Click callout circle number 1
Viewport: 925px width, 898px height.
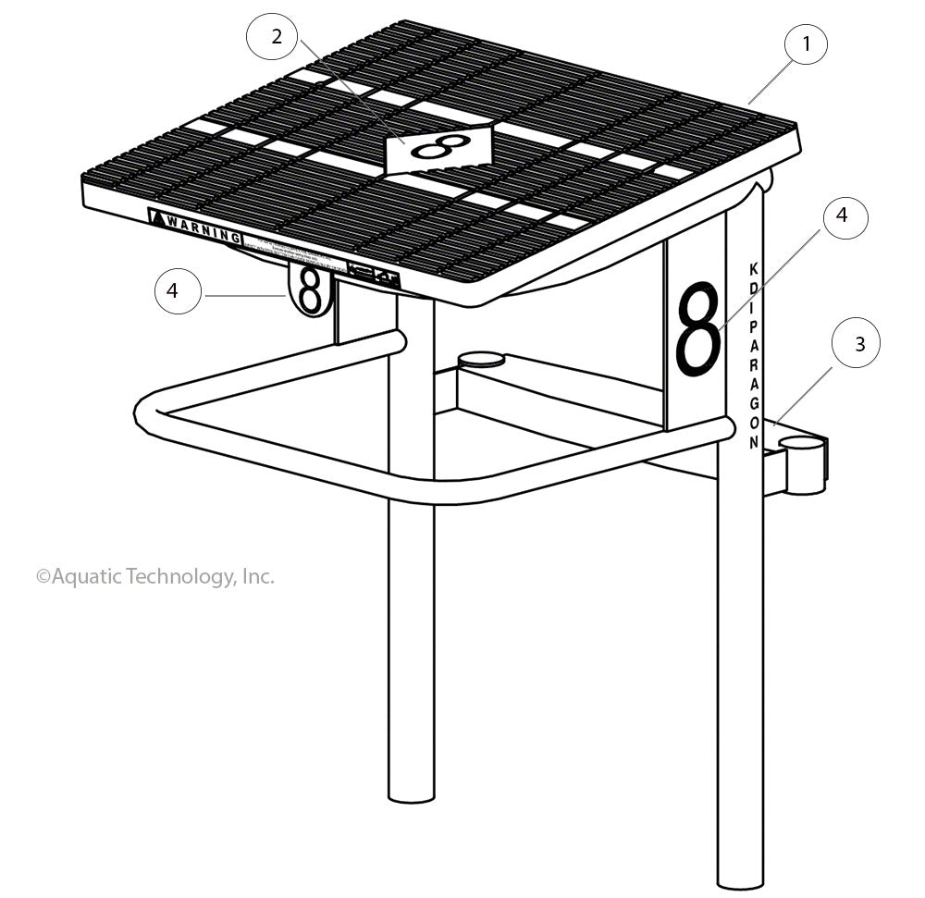pos(807,43)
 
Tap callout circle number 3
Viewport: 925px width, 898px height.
pos(859,343)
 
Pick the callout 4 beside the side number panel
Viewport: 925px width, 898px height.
pos(842,215)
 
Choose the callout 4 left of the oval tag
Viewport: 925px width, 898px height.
pos(173,290)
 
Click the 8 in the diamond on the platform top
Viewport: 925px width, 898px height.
pos(437,147)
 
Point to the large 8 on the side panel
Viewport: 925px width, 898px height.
pos(697,328)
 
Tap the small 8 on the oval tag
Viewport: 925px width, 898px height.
pos(311,289)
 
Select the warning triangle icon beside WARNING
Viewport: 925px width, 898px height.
pos(157,220)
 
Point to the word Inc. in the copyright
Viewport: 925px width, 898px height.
pos(257,576)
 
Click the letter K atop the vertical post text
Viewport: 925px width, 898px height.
pos(753,269)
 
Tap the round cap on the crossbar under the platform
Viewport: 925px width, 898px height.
pos(481,358)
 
